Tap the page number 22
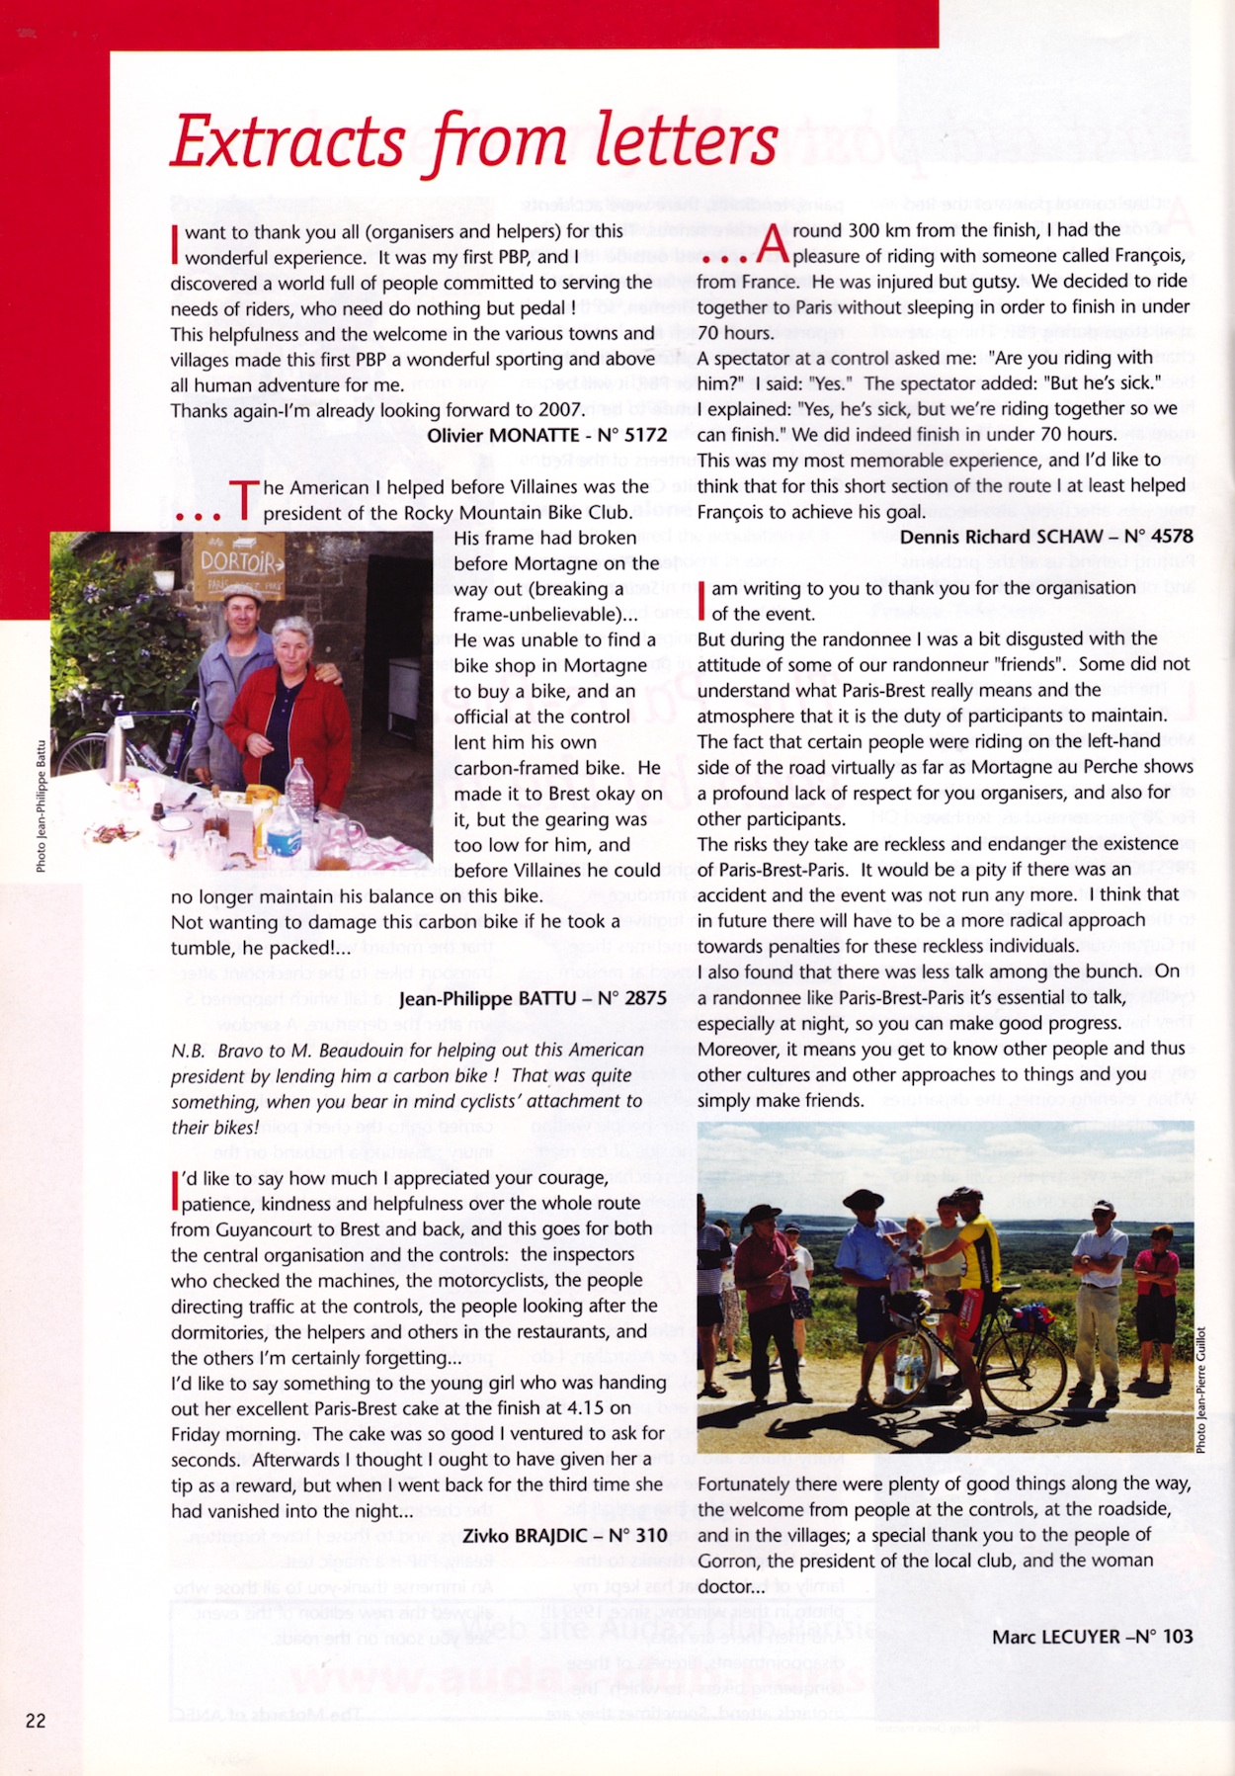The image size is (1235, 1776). click(x=36, y=1721)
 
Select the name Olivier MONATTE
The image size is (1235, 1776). click(x=503, y=435)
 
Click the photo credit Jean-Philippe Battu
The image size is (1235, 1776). click(x=41, y=805)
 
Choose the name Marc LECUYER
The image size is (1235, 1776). click(x=1054, y=1637)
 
